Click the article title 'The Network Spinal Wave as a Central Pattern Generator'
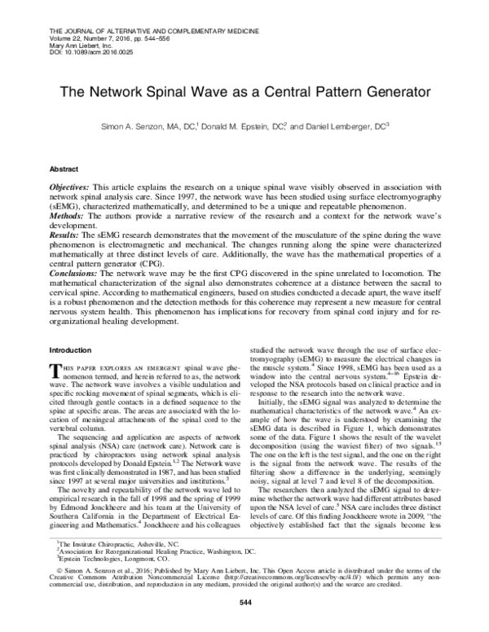tap(244, 94)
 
